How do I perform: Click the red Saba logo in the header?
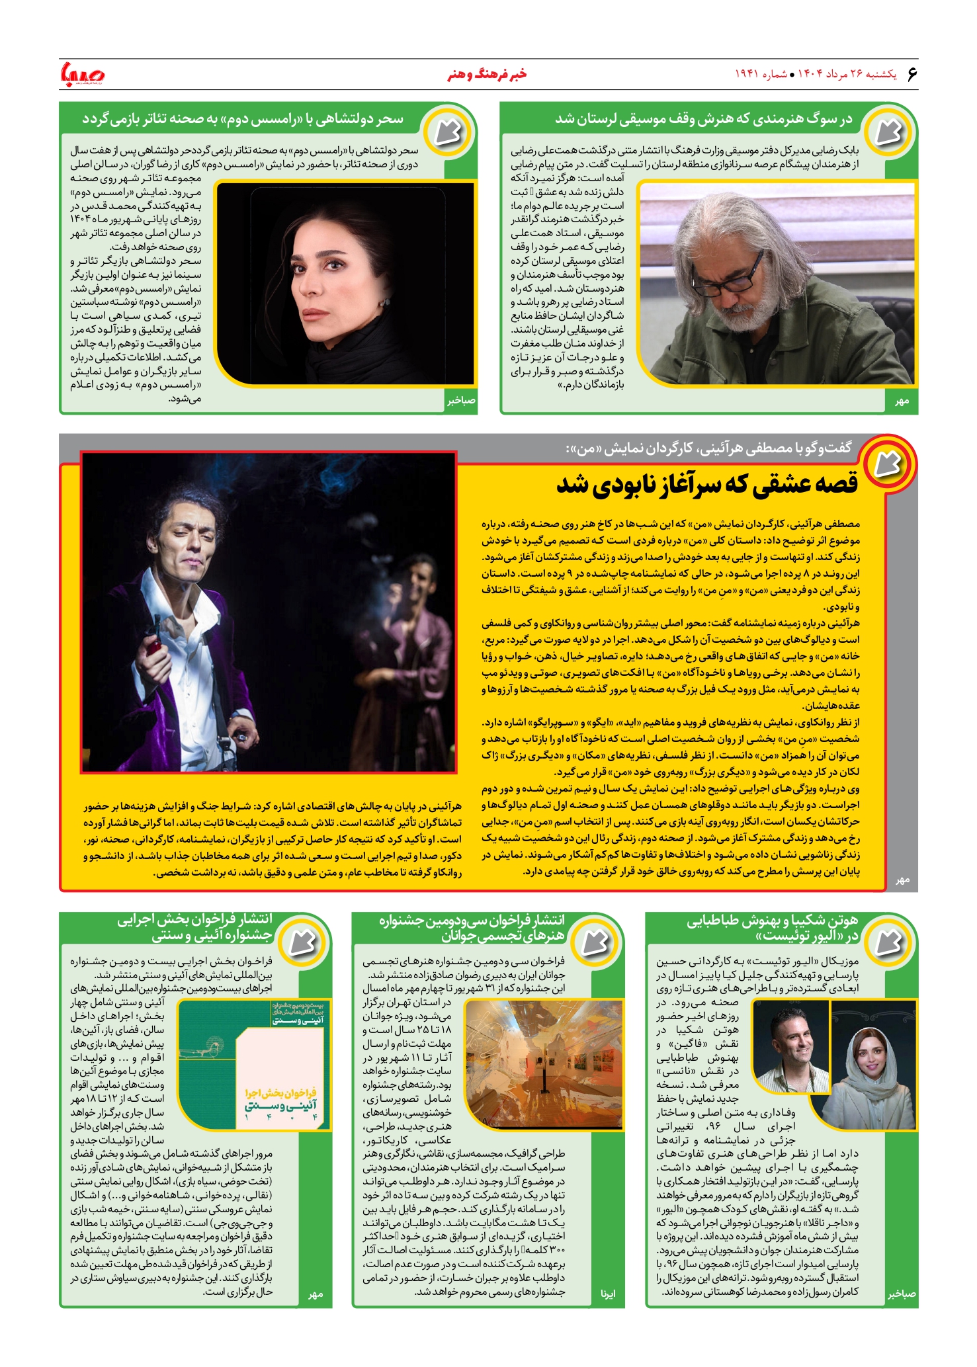pyautogui.click(x=82, y=74)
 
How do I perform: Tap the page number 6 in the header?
pyautogui.click(x=912, y=73)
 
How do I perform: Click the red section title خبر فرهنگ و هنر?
pyautogui.click(x=487, y=74)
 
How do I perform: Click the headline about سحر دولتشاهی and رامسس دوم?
pyautogui.click(x=242, y=120)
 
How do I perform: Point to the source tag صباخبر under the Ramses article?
pyautogui.click(x=461, y=400)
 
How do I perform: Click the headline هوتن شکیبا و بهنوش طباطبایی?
pyautogui.click(x=771, y=928)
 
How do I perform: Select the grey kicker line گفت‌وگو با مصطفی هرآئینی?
pyautogui.click(x=708, y=448)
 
